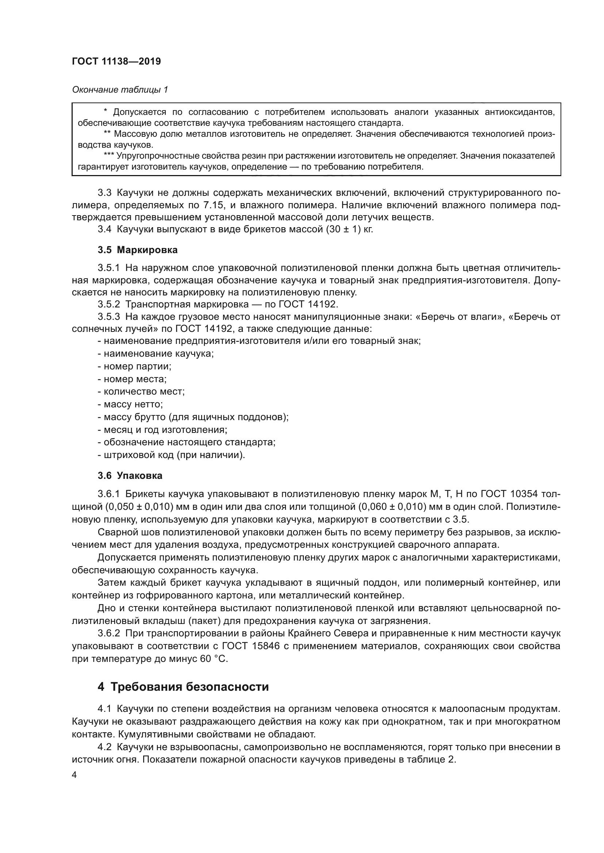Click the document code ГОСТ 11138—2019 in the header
116,62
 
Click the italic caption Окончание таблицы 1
120,90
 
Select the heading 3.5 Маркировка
138,250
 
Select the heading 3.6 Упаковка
130,476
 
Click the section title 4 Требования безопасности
183,687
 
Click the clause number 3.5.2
108,305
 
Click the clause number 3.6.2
108,633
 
